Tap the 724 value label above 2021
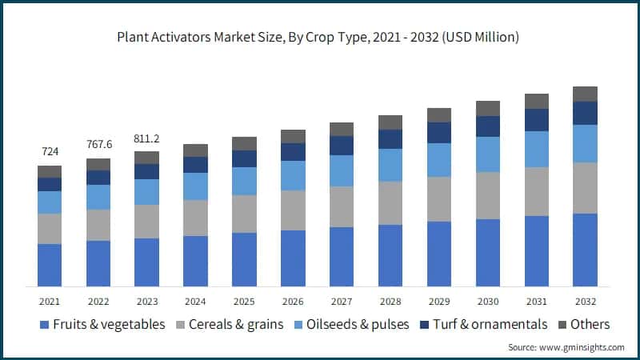49,151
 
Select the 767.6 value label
98,144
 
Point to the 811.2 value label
146,137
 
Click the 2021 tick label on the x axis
49,301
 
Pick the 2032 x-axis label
585,301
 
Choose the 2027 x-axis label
342,301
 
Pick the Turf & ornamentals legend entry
490,324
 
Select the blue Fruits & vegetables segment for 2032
585,250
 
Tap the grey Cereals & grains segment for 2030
488,195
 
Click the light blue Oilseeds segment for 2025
244,181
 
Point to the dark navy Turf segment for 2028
390,139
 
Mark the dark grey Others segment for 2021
49,171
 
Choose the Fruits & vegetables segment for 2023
146,262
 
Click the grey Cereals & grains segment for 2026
293,210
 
